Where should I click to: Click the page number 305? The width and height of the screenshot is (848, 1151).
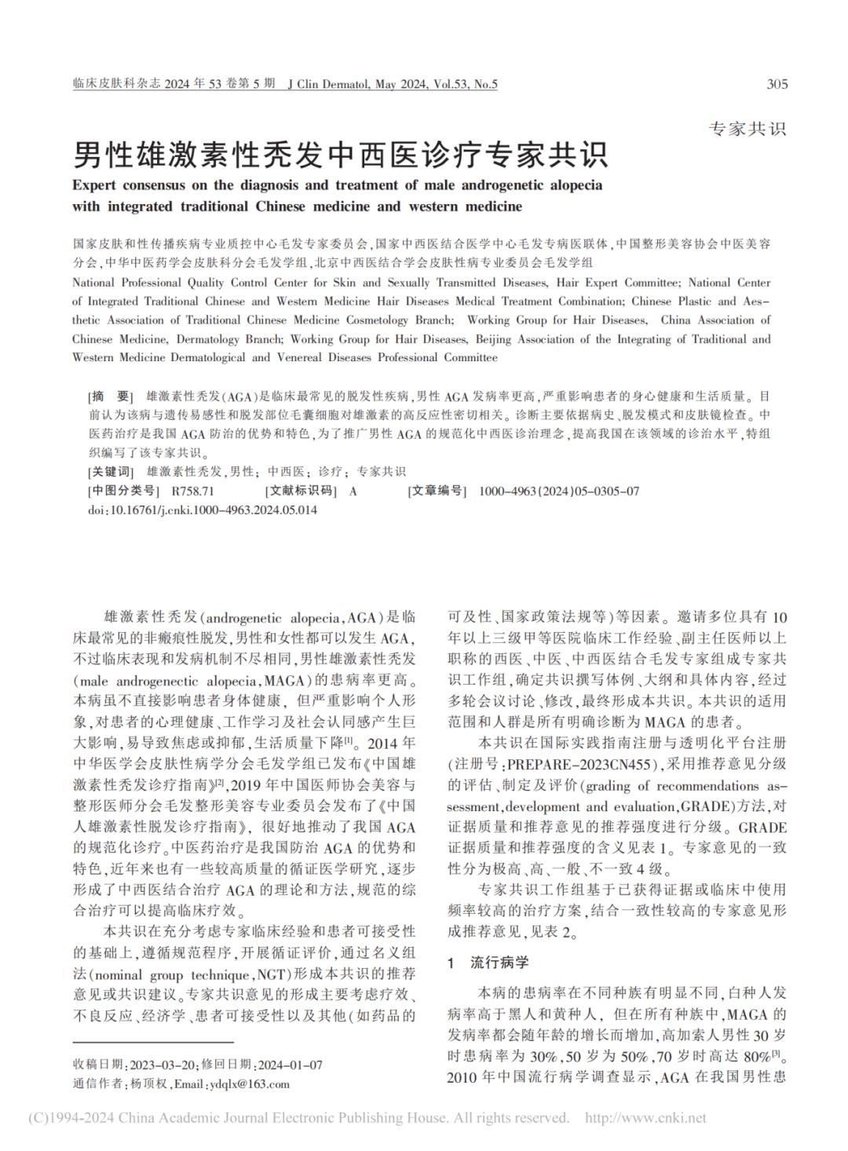776,85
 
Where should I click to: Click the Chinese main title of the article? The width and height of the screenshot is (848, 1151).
341,155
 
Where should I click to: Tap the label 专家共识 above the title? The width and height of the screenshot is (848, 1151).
747,130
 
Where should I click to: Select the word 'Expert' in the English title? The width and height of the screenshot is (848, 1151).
96,186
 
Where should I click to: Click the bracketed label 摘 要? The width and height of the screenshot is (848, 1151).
111,396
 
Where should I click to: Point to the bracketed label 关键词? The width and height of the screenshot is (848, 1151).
111,472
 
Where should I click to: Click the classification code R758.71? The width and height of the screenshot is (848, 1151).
186,491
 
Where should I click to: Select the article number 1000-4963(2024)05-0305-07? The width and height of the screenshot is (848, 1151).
558,491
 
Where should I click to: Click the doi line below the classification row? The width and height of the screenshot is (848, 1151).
203,510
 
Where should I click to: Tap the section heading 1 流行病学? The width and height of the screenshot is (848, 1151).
488,963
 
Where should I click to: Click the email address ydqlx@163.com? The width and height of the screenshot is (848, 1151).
249,1084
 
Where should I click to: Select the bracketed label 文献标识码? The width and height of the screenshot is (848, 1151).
302,491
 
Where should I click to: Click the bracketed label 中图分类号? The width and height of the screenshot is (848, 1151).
120,491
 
